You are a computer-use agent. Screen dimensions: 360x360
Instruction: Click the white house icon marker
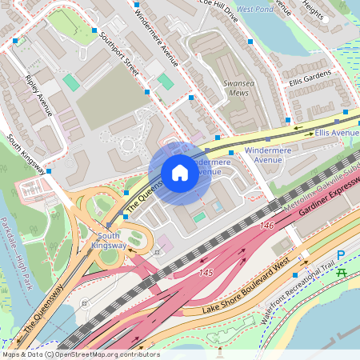point(180,173)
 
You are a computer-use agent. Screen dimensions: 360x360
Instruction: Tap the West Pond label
point(255,10)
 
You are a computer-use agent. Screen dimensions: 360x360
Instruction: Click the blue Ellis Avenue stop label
point(337,131)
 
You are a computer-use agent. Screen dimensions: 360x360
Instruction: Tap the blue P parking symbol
point(341,255)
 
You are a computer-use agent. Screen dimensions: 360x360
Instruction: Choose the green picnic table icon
point(342,273)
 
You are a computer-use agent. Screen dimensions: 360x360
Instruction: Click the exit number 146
point(266,226)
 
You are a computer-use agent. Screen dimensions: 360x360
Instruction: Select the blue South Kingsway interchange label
point(108,241)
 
